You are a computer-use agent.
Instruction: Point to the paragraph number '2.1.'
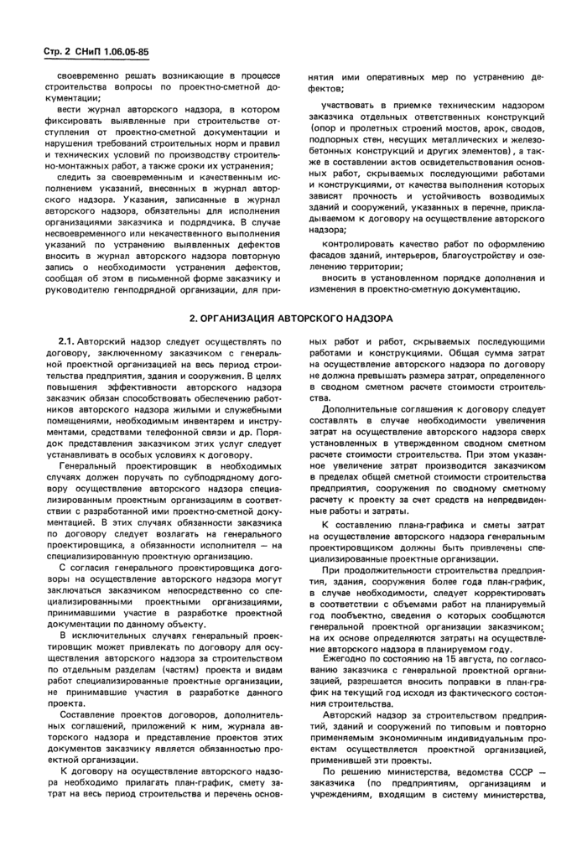coord(68,342)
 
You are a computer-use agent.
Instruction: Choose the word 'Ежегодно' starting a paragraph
coord(344,660)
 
